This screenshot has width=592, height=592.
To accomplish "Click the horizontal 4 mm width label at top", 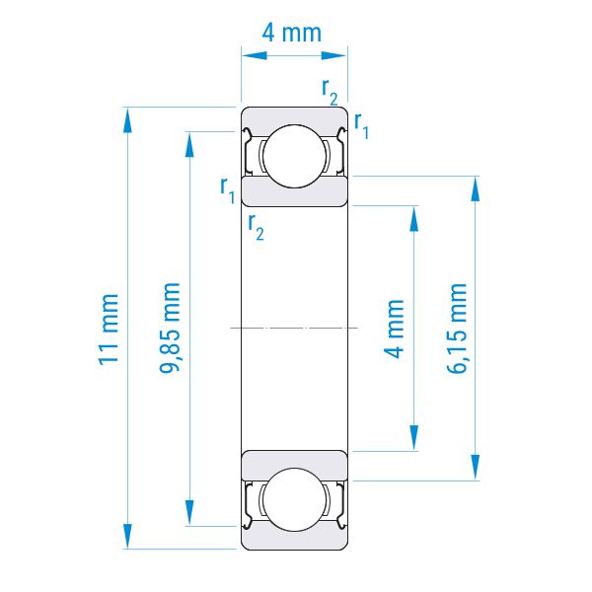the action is pos(291,33).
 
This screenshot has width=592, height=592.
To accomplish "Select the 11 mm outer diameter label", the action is pos(109,330).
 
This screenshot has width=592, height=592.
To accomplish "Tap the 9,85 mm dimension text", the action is pos(169,328).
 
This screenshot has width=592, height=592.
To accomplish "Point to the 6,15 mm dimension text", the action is pos(457,329).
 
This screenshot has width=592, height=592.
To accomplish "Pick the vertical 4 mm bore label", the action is pos(394,329).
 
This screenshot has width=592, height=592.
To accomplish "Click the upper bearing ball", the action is pos(294,156).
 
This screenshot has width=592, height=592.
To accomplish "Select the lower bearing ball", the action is pos(294,499).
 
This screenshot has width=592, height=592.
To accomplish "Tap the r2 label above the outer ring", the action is pos(330,92).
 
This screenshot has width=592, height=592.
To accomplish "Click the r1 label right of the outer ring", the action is pos(361,125).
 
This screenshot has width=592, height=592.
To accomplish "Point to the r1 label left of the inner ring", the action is pos(228,189).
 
